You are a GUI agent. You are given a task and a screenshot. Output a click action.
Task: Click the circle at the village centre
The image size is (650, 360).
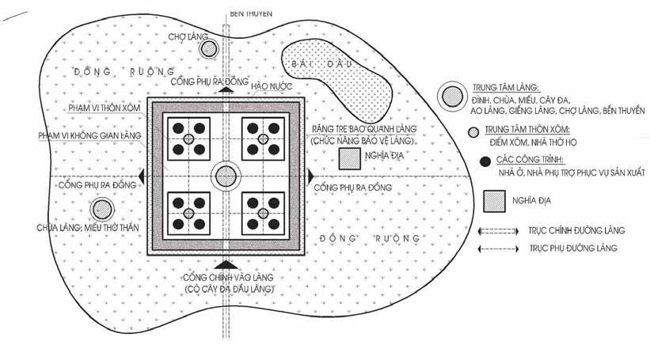coord(226,176)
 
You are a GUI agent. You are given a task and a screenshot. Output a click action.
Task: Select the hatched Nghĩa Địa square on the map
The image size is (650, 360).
coord(348,158)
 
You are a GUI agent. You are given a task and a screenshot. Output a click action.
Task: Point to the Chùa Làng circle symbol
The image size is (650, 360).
coord(101,210)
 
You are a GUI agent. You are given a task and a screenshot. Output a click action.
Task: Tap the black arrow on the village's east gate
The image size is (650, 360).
coord(311,175)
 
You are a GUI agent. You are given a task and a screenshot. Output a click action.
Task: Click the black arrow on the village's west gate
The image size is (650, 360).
coord(141,176)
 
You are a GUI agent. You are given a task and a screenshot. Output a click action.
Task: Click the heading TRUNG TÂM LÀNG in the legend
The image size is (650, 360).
coord(505,85)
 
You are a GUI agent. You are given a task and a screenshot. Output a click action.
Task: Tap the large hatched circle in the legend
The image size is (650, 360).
coord(453,96)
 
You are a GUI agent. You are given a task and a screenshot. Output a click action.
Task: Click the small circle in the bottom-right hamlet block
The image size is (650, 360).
coord(265,214)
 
